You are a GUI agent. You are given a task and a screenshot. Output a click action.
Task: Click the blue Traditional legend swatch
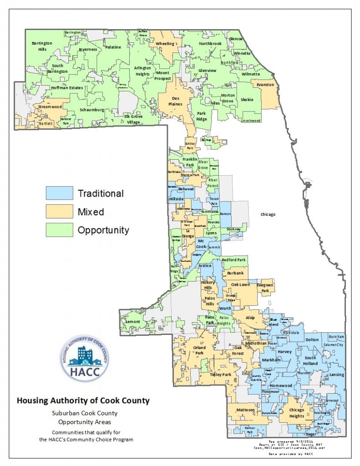[x=59, y=193]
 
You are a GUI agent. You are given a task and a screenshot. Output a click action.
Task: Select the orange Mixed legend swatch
[x=59, y=212]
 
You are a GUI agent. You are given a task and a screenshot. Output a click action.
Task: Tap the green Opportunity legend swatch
[x=59, y=230]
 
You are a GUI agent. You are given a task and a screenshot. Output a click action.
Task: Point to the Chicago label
[x=268, y=214]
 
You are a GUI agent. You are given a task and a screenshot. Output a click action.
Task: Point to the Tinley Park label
[x=221, y=375]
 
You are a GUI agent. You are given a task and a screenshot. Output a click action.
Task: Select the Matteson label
[x=245, y=410]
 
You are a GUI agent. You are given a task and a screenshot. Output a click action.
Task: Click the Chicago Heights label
[x=297, y=413]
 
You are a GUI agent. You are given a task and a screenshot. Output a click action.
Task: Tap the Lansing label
[x=337, y=375]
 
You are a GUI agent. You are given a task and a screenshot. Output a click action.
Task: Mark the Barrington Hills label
[x=42, y=46]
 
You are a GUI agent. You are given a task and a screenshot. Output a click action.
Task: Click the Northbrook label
[x=210, y=44]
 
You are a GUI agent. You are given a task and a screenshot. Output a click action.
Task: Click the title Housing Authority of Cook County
[x=83, y=401]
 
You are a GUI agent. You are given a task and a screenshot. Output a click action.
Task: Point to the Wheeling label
[x=165, y=44]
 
